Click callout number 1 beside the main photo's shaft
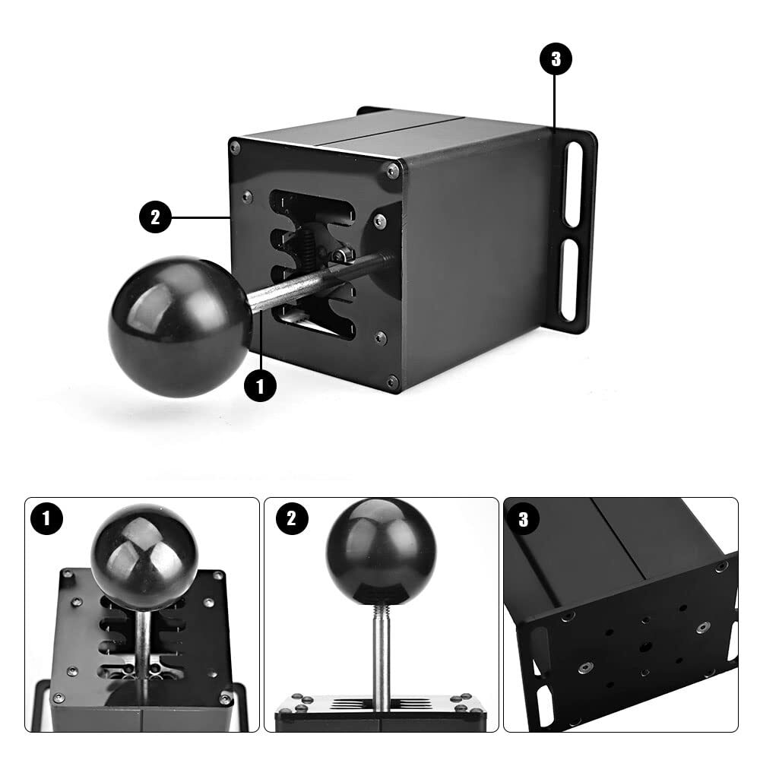tap(260, 385)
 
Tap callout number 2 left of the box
tap(155, 218)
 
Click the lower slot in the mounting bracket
tap(571, 282)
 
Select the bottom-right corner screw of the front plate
tap(391, 382)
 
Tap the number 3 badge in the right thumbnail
tap(523, 520)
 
